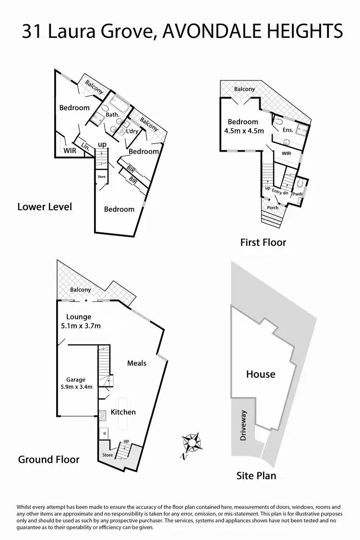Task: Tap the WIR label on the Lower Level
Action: pos(70,150)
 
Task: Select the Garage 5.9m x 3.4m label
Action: pos(76,383)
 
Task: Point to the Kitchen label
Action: pos(123,412)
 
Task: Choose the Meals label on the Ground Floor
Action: pos(137,363)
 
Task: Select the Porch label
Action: pos(273,208)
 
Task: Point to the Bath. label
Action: pos(112,115)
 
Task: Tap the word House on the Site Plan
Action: pos(261,374)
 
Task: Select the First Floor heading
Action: pos(263,242)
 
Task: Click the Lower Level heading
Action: pos(45,207)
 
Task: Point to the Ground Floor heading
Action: pos(48,459)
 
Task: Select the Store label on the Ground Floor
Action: pos(107,455)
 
